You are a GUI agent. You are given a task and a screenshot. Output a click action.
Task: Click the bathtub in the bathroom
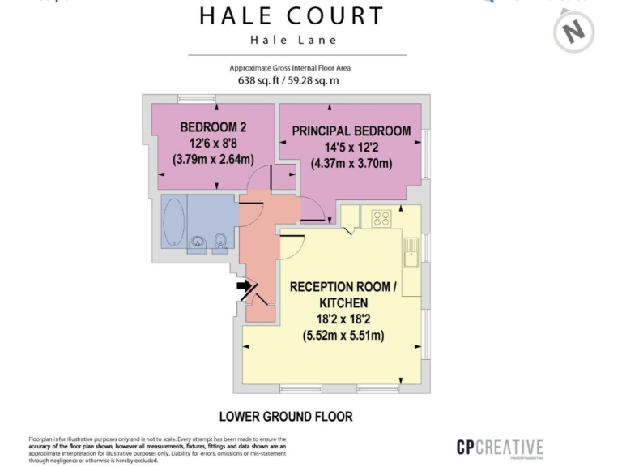(x=174, y=221)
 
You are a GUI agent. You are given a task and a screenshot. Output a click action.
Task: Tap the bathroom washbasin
(x=198, y=242)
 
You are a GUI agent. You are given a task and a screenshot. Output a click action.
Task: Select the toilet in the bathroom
(x=220, y=241)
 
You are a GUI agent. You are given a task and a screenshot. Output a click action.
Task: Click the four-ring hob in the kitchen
(x=381, y=218)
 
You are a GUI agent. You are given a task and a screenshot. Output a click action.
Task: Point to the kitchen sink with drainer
(x=411, y=252)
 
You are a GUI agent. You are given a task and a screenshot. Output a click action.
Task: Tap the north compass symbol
(x=574, y=31)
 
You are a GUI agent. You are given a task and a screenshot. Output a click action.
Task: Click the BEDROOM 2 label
(x=213, y=127)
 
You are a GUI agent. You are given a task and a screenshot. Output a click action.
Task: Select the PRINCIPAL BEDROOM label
(x=351, y=131)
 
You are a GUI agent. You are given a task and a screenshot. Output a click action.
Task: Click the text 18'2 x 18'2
(x=343, y=319)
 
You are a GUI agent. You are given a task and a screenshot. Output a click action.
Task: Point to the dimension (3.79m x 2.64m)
(x=213, y=159)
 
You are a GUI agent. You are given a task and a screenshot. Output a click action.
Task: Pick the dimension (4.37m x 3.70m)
(x=351, y=163)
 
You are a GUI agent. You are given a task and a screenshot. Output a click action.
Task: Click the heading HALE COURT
(x=292, y=15)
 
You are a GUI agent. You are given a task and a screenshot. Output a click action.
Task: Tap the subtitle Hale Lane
(x=294, y=40)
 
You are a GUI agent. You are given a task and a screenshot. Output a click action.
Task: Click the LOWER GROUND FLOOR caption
(x=286, y=417)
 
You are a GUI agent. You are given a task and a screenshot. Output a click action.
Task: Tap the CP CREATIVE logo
(x=499, y=448)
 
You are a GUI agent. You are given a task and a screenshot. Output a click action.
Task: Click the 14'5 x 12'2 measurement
(x=351, y=148)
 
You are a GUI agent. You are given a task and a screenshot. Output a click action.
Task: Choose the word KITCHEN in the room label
(x=343, y=302)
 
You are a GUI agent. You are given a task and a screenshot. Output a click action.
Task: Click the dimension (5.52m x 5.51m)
(x=343, y=335)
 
